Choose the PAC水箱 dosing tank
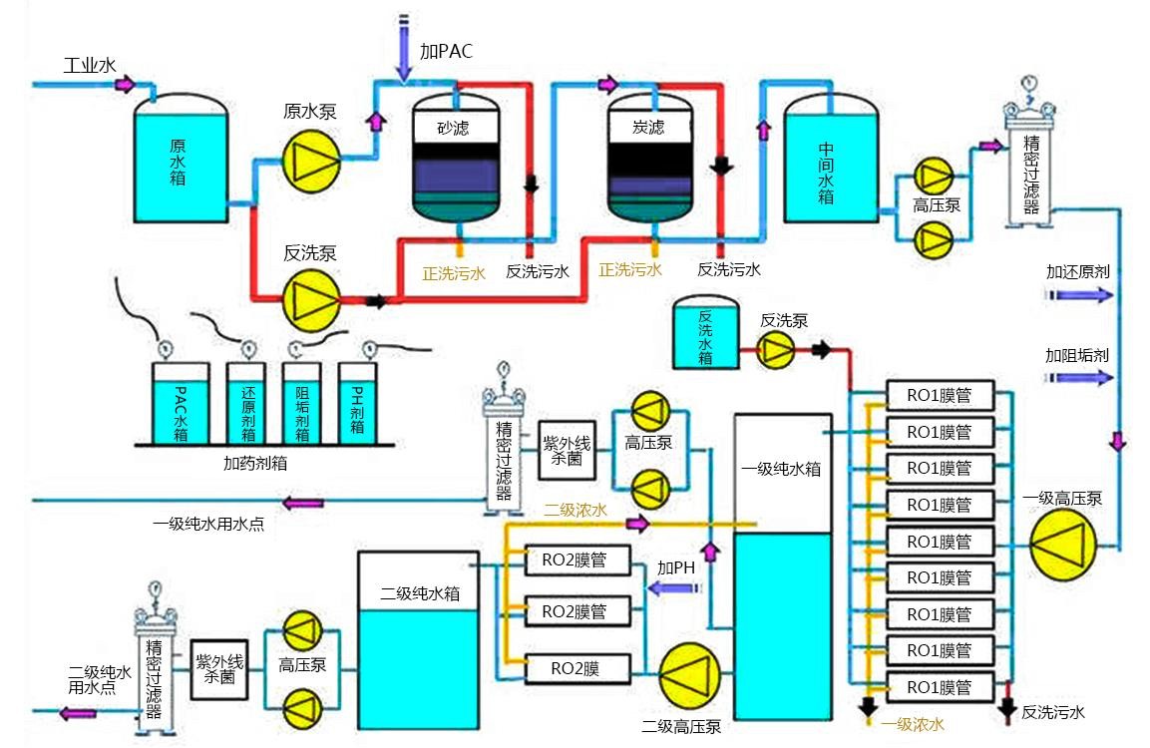(x=181, y=404)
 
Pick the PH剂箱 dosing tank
(x=356, y=404)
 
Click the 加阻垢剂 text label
(x=1076, y=355)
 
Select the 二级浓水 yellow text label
(x=575, y=510)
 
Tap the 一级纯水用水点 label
(x=208, y=525)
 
